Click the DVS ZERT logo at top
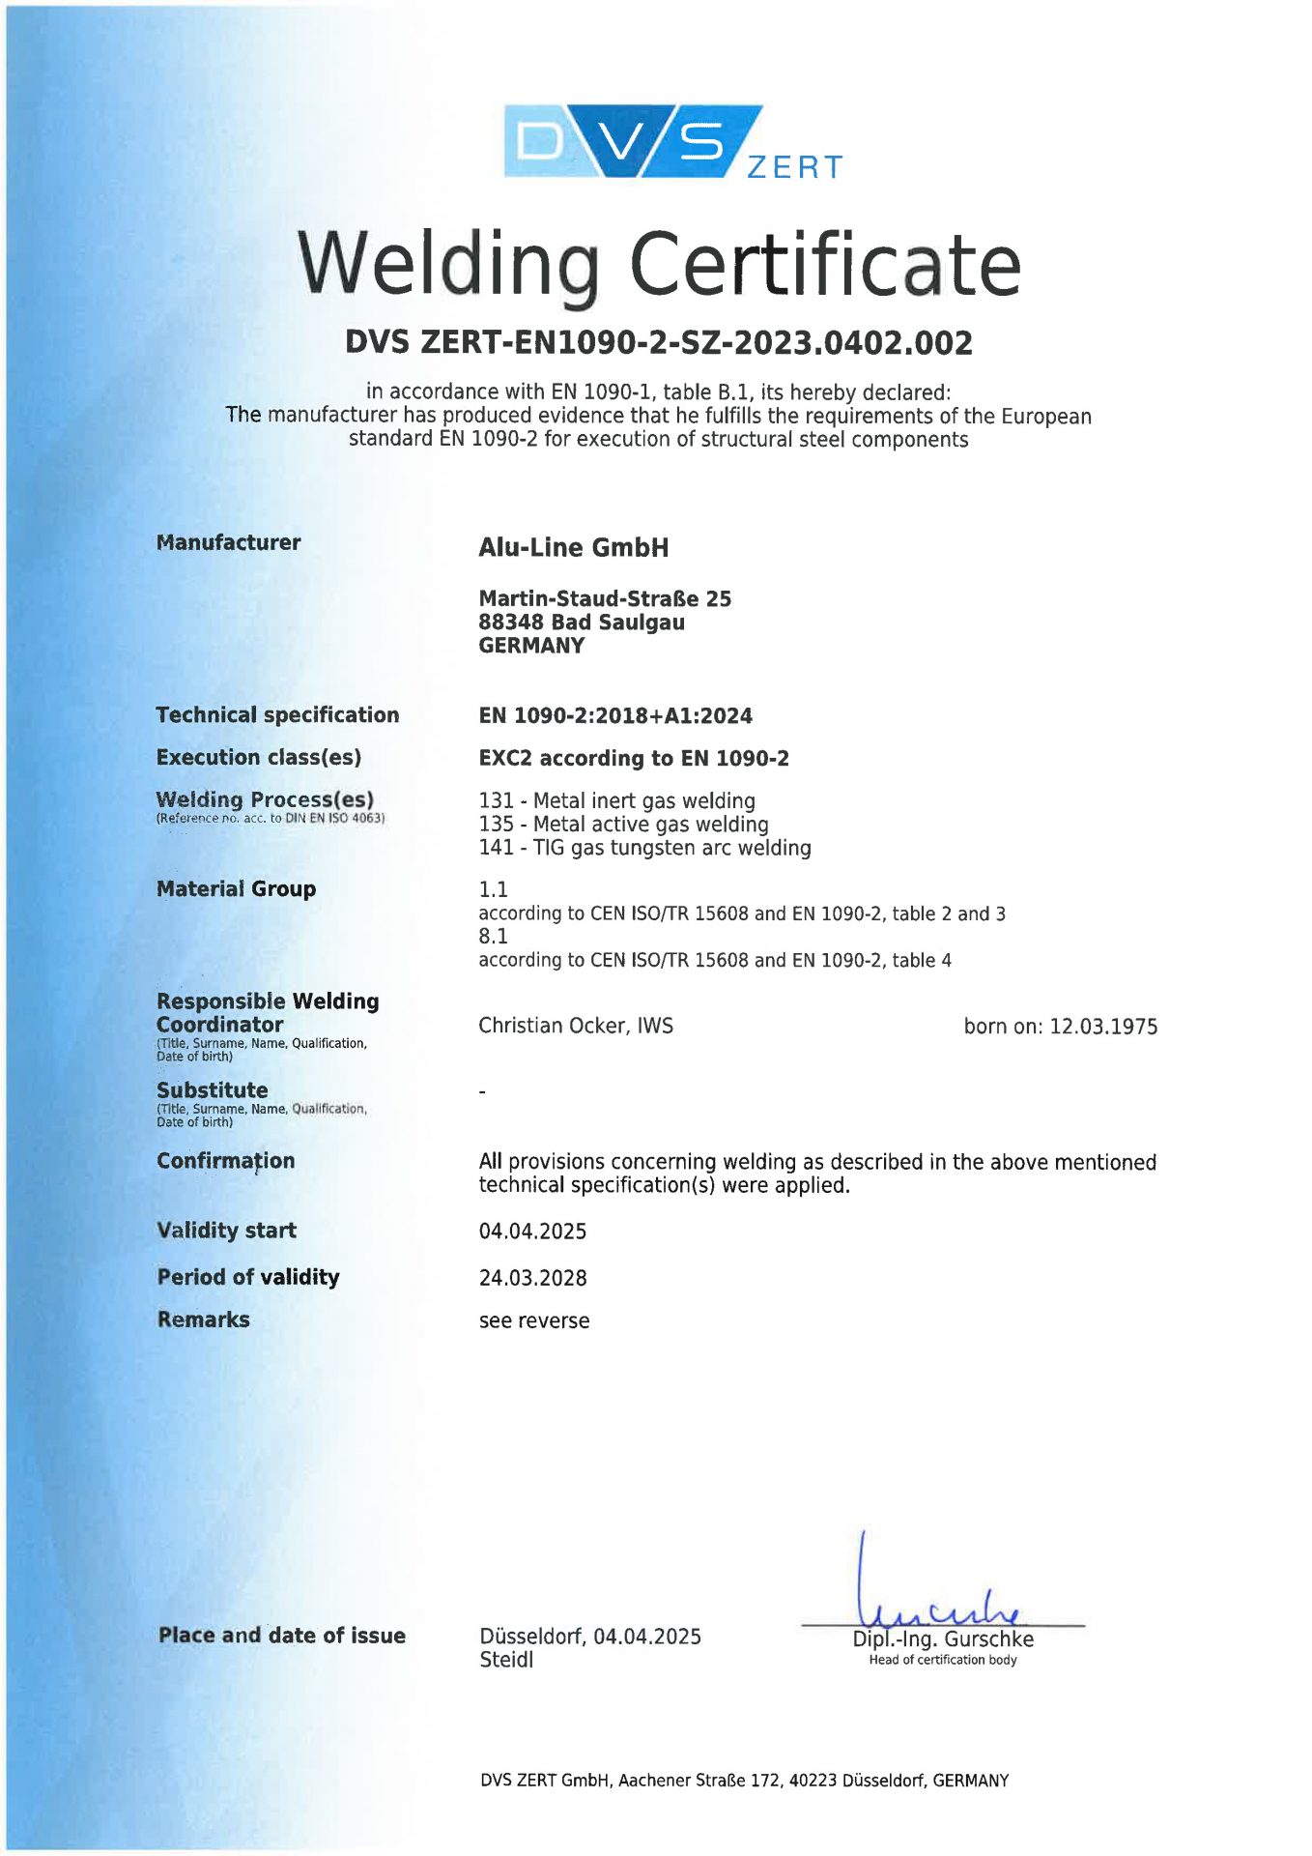[672, 142]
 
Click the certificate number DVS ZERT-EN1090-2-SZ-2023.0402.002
[658, 342]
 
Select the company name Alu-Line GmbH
[573, 547]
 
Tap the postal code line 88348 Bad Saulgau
[581, 622]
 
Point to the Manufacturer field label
[228, 542]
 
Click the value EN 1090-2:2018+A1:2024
[614, 715]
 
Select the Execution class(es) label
[258, 757]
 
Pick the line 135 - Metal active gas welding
[623, 824]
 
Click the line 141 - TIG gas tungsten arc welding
[644, 848]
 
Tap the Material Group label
[236, 888]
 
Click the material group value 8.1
[493, 936]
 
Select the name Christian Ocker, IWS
[575, 1026]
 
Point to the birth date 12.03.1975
[1102, 1027]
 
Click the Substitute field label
[212, 1089]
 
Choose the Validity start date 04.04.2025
[532, 1231]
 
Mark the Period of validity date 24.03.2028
[532, 1277]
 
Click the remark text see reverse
[533, 1320]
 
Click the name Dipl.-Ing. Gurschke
[942, 1639]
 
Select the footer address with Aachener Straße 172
[744, 1781]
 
